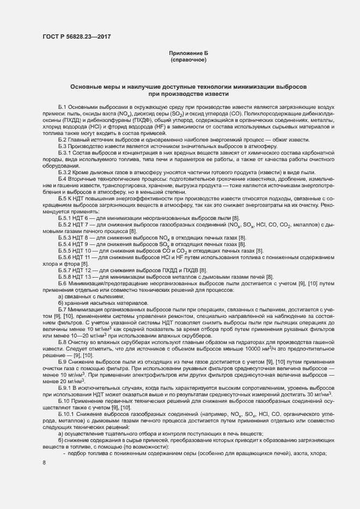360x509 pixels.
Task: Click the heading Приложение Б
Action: [188, 53]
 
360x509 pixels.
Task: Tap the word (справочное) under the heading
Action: [188, 59]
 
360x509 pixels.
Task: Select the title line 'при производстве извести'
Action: [188, 94]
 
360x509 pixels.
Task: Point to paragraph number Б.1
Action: [63, 108]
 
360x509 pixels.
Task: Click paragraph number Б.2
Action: [63, 140]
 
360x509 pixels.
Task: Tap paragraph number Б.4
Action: [63, 179]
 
